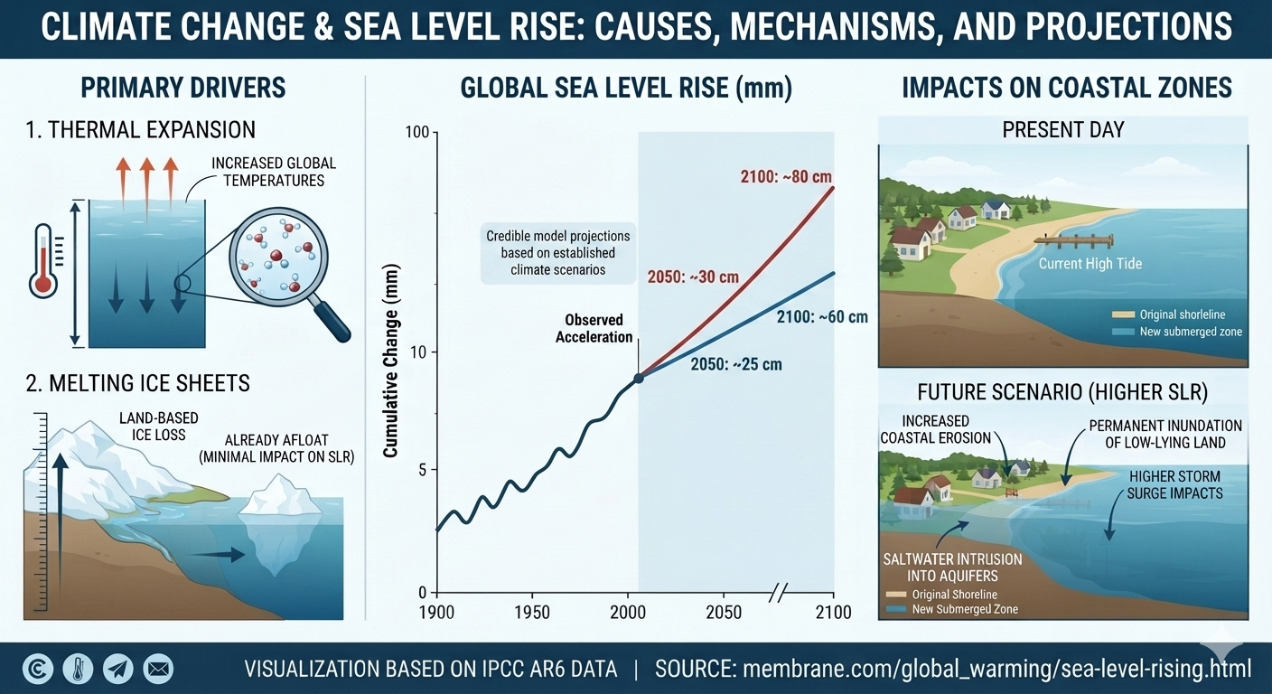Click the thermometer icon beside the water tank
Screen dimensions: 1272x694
tap(43, 260)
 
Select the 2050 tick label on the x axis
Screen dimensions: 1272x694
tap(723, 612)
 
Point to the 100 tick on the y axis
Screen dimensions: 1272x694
tap(416, 132)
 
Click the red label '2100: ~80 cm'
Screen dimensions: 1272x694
tap(786, 176)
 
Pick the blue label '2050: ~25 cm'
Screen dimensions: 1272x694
tap(736, 364)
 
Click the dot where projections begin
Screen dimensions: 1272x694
tap(639, 378)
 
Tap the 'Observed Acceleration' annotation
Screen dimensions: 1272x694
tap(594, 328)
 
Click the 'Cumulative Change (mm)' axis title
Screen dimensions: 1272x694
tap(390, 361)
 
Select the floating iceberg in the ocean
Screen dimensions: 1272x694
tap(279, 523)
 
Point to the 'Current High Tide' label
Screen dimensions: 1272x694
tap(1090, 264)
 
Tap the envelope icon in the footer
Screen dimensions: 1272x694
tap(158, 669)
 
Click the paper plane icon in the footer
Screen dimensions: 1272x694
tap(117, 669)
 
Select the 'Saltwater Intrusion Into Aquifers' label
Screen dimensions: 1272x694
tap(952, 567)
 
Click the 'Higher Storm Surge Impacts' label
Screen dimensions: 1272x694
tap(1174, 484)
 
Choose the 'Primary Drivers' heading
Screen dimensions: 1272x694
tap(182, 88)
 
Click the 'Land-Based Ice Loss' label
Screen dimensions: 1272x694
tap(158, 427)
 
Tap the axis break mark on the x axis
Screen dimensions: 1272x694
tap(779, 593)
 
